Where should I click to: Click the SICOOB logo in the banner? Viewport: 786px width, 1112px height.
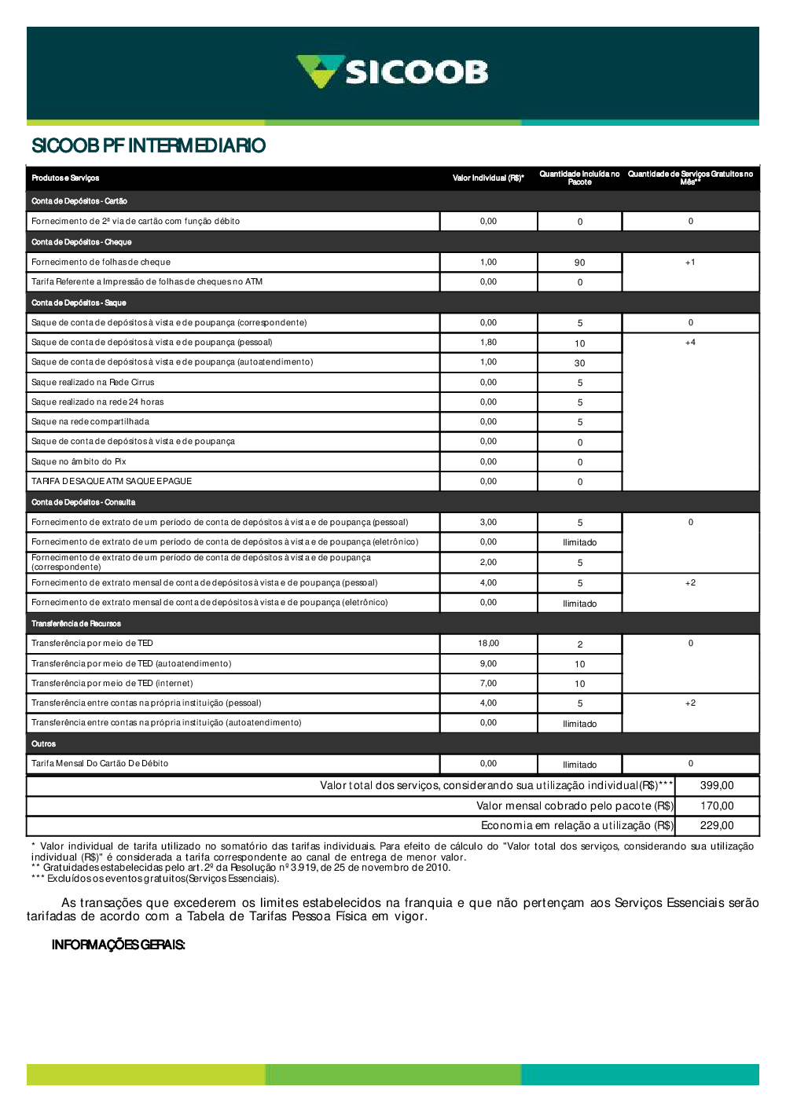click(392, 72)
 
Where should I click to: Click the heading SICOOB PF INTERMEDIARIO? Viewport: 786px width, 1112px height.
click(149, 145)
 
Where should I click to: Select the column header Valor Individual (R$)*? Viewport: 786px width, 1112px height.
click(488, 178)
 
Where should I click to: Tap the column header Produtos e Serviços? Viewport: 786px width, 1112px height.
click(65, 178)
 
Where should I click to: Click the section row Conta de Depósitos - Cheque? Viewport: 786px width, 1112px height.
click(82, 242)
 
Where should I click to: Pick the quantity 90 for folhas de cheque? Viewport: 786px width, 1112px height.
click(580, 262)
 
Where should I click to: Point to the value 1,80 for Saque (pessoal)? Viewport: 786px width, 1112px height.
click(488, 343)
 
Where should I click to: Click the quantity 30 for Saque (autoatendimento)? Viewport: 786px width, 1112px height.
click(580, 363)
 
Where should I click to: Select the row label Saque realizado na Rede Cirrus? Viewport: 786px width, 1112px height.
click(93, 383)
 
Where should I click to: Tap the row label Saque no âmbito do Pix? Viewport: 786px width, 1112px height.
click(79, 462)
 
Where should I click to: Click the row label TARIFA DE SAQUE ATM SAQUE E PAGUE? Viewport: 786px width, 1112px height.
click(112, 481)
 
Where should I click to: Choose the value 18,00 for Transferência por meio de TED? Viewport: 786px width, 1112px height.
click(488, 644)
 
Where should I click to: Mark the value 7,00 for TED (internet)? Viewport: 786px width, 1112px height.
click(488, 684)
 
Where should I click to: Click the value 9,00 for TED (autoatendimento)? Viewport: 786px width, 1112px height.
click(488, 664)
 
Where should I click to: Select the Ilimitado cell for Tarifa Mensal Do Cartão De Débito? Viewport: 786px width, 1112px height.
click(580, 765)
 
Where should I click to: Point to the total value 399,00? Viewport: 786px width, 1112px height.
click(717, 786)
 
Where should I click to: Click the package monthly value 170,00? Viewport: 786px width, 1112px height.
click(717, 806)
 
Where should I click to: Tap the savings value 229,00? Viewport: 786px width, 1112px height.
click(717, 826)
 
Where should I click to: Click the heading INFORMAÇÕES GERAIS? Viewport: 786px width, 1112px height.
click(119, 945)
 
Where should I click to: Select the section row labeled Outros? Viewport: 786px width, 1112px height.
click(44, 743)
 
